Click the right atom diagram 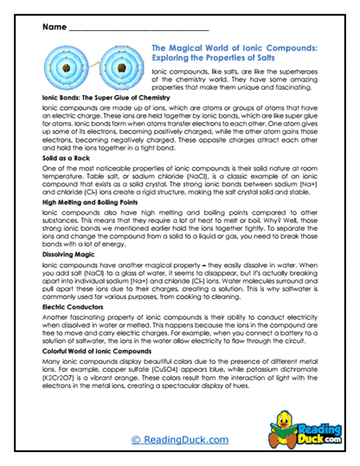click(x=120, y=67)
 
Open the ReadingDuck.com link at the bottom click(x=180, y=440)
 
